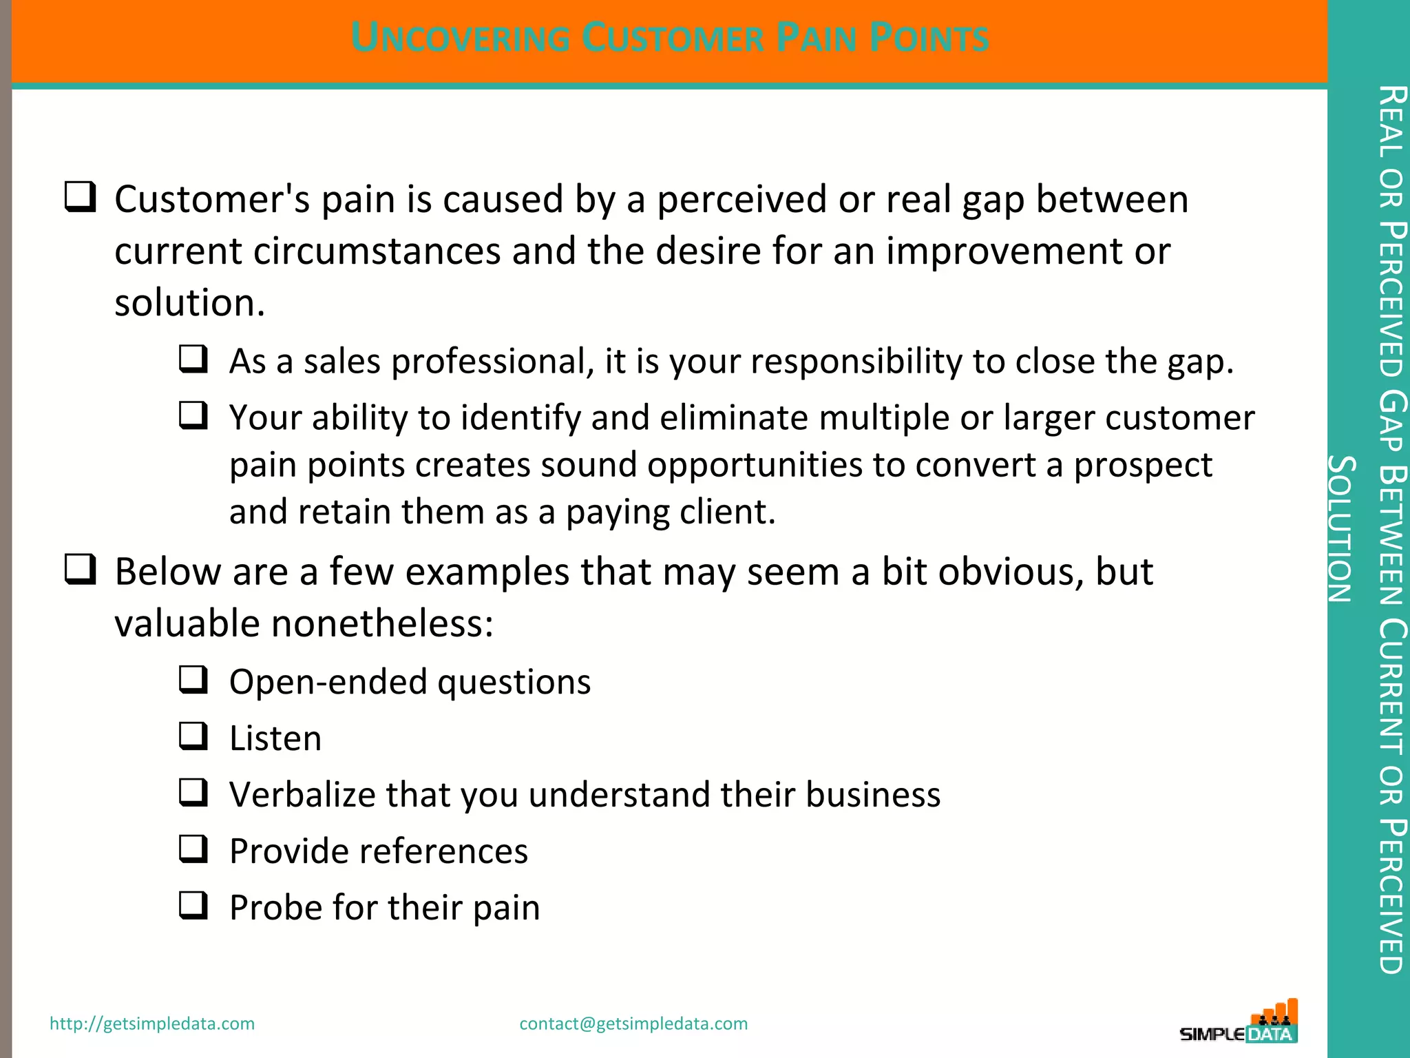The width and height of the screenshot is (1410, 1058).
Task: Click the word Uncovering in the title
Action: pyautogui.click(x=460, y=38)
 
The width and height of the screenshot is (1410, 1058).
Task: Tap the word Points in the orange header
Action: pyautogui.click(x=929, y=38)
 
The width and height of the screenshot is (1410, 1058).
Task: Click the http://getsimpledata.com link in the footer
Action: pyautogui.click(x=152, y=1024)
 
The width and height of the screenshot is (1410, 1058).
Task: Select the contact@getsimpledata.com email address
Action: pyautogui.click(x=633, y=1024)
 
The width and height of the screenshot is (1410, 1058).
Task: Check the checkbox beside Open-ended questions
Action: pyautogui.click(x=193, y=679)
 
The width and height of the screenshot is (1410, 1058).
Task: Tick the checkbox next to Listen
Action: pyautogui.click(x=193, y=736)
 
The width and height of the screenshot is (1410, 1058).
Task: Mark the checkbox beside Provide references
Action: pyautogui.click(x=193, y=849)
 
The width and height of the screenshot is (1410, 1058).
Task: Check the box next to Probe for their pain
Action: pyautogui.click(x=193, y=905)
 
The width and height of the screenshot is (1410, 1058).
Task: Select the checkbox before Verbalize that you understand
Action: pyautogui.click(x=193, y=792)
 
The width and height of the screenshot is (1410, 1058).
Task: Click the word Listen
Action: pyautogui.click(x=275, y=738)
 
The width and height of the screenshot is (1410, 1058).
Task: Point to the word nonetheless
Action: pyautogui.click(x=382, y=623)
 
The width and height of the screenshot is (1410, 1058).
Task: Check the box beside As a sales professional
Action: pyautogui.click(x=193, y=359)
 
